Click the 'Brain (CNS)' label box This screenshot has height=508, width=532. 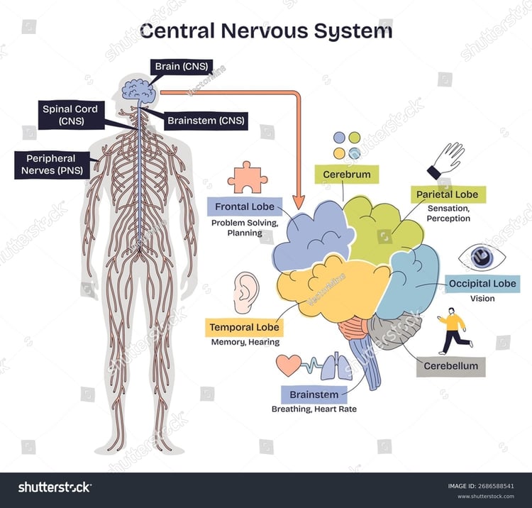click(x=182, y=67)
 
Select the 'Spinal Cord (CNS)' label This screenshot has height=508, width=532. click(x=70, y=115)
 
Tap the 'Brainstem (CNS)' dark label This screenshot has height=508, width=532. click(x=206, y=121)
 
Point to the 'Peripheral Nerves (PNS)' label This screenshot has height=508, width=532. click(x=52, y=165)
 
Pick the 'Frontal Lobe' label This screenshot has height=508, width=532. click(x=245, y=206)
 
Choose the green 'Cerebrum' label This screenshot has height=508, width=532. click(x=346, y=175)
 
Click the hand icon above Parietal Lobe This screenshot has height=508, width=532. click(x=445, y=160)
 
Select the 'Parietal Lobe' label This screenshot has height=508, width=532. click(x=448, y=194)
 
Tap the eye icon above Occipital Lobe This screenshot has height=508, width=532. click(x=482, y=258)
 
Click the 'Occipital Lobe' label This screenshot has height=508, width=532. click(x=482, y=284)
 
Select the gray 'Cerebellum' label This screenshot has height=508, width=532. click(x=451, y=367)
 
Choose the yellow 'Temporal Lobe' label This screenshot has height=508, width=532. click(x=244, y=328)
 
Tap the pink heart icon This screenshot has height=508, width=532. click(x=289, y=365)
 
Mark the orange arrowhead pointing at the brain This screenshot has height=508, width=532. click(x=299, y=202)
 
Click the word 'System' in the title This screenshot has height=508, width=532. click(x=353, y=31)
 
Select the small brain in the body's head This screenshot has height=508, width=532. click(x=139, y=91)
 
